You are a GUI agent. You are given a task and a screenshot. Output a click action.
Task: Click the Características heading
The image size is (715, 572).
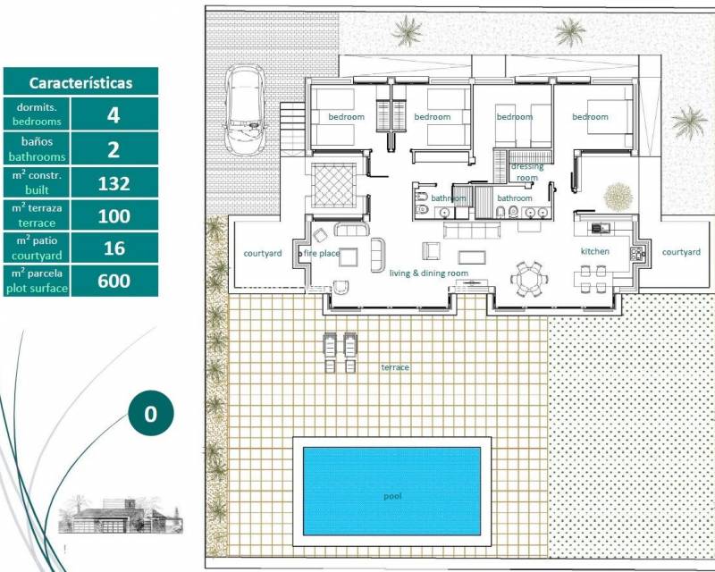tap(80, 82)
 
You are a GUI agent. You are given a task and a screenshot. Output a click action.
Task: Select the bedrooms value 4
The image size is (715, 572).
tap(114, 114)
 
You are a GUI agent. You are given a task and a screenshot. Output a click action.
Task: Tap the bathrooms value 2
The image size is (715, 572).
tap(114, 149)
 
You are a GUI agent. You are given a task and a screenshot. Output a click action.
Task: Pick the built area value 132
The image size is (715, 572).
tap(114, 183)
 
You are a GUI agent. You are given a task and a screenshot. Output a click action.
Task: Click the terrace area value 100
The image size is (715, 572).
tap(114, 216)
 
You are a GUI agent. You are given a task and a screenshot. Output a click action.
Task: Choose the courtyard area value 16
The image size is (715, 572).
tap(114, 248)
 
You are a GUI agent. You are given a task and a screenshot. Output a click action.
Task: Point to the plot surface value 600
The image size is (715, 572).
tap(114, 282)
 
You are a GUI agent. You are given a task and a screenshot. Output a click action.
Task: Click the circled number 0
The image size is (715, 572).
tap(150, 414)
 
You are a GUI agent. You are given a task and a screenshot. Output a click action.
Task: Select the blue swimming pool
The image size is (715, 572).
tap(391, 490)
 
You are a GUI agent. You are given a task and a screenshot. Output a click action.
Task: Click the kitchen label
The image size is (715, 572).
tap(594, 251)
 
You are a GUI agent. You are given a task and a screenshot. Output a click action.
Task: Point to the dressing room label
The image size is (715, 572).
tap(526, 172)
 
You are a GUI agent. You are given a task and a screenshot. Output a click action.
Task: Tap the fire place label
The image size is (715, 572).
tap(323, 254)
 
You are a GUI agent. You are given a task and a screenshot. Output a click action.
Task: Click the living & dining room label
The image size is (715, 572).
tap(428, 273)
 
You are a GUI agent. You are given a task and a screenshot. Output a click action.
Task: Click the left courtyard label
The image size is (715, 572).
tap(263, 253)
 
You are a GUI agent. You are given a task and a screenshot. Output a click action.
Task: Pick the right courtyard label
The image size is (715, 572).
tap(680, 252)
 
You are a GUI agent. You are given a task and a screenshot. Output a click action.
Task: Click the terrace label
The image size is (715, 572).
tap(395, 367)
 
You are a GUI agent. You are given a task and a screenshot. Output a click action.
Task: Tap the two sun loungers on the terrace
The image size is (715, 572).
tap(338, 352)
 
